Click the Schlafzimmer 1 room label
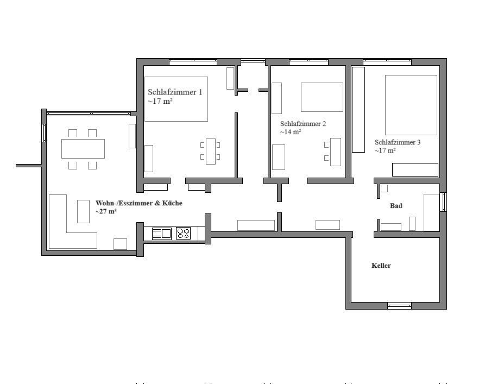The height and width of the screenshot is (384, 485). [175, 92]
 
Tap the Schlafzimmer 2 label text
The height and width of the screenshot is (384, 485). [303, 124]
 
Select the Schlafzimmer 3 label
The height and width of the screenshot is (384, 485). [398, 142]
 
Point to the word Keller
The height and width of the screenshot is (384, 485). [381, 266]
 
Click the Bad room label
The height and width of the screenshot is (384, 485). [396, 206]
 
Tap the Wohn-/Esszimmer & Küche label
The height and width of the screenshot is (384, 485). [139, 203]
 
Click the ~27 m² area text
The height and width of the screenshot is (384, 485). [106, 212]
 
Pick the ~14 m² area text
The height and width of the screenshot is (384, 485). [291, 132]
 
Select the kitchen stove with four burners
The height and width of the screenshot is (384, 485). [183, 234]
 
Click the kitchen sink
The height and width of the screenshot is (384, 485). [162, 234]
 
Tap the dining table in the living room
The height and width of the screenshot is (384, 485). [83, 149]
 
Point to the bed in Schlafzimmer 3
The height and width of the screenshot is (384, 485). [411, 105]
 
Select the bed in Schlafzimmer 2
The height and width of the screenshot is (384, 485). [322, 97]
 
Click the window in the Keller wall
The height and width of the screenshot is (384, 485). [400, 306]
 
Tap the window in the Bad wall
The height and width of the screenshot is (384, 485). [443, 202]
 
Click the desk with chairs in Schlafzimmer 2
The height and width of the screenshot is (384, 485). [335, 152]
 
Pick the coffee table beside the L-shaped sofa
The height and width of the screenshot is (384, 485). [83, 211]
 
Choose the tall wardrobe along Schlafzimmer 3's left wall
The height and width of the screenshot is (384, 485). [358, 110]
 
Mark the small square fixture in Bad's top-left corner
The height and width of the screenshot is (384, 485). [384, 188]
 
